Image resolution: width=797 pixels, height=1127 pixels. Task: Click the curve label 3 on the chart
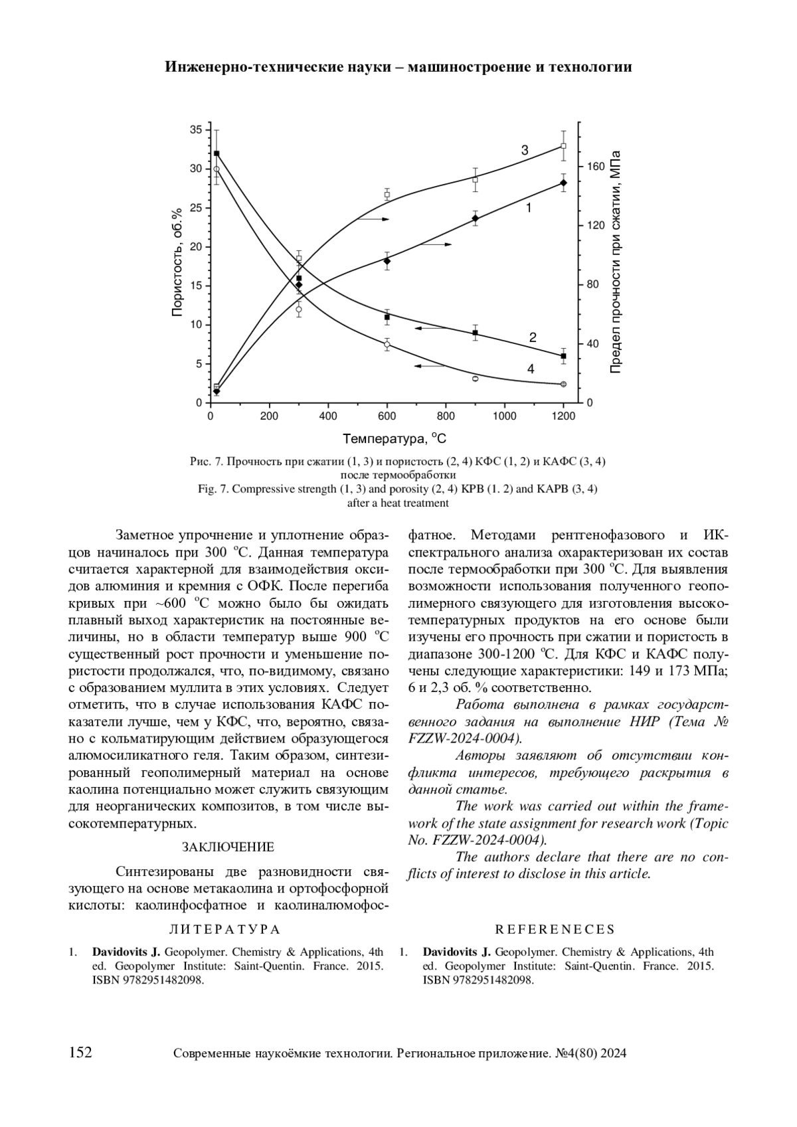pos(525,151)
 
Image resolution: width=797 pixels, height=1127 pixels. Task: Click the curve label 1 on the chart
pos(529,208)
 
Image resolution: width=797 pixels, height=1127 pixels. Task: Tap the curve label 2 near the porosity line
pos(533,337)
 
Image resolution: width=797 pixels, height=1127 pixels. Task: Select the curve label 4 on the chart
pos(531,369)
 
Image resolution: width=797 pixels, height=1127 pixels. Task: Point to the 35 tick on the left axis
pos(196,130)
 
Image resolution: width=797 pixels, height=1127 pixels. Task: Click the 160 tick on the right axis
pos(596,167)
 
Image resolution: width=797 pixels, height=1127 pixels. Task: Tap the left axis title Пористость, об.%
pos(177,262)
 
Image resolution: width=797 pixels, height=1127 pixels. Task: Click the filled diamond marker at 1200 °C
pos(563,183)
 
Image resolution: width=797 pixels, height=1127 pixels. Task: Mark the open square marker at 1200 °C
pos(563,146)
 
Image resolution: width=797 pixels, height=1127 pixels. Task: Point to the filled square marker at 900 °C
pos(475,333)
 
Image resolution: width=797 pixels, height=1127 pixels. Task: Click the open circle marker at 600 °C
pos(387,344)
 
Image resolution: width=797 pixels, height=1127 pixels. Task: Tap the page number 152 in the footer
pos(80,1053)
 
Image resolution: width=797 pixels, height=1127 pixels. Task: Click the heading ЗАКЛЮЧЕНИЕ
pos(228,847)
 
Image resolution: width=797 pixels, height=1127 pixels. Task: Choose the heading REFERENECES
pos(555,930)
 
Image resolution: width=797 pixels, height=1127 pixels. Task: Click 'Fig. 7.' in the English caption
pos(214,489)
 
